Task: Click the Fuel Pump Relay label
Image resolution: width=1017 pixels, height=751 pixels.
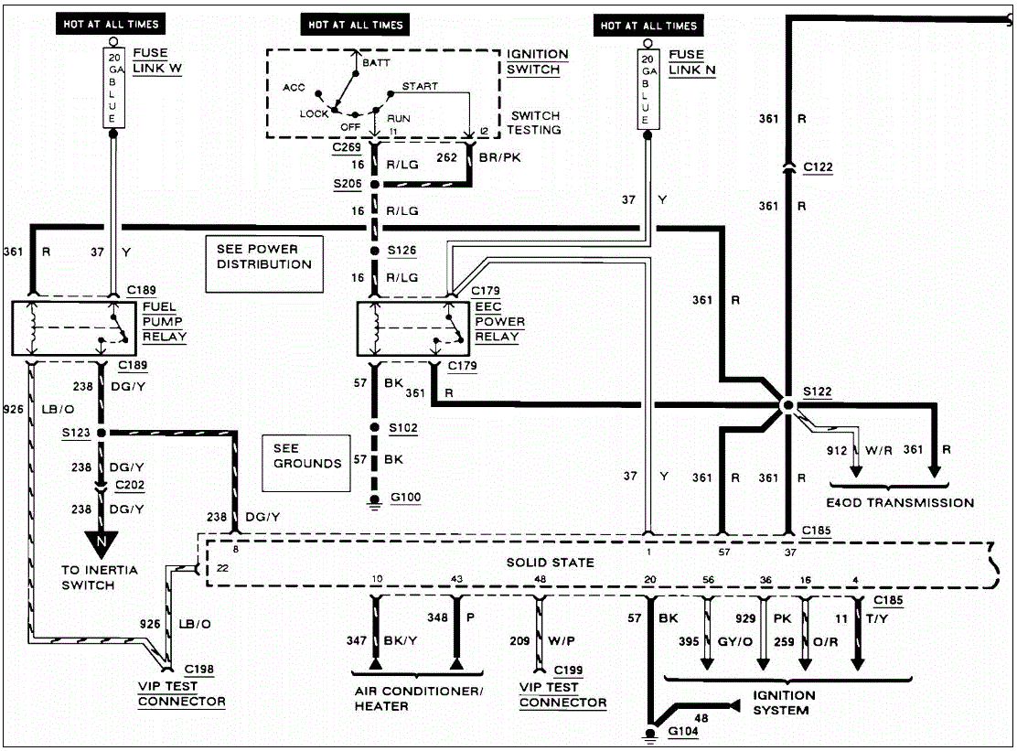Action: point(164,322)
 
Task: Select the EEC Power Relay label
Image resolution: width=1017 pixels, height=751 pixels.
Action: point(499,322)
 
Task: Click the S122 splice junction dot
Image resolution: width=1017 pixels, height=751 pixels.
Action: point(787,403)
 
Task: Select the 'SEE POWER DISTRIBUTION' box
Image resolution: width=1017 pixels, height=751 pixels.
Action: point(263,264)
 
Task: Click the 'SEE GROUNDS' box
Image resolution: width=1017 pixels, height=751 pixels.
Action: point(306,456)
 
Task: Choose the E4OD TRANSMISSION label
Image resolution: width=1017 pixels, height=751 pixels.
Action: point(901,502)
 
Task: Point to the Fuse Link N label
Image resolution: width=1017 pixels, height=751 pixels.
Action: point(691,61)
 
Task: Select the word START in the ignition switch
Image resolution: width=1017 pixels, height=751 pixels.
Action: point(419,86)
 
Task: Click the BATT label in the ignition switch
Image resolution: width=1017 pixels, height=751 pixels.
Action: point(376,63)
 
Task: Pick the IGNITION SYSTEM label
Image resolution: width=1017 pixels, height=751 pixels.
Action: point(784,703)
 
